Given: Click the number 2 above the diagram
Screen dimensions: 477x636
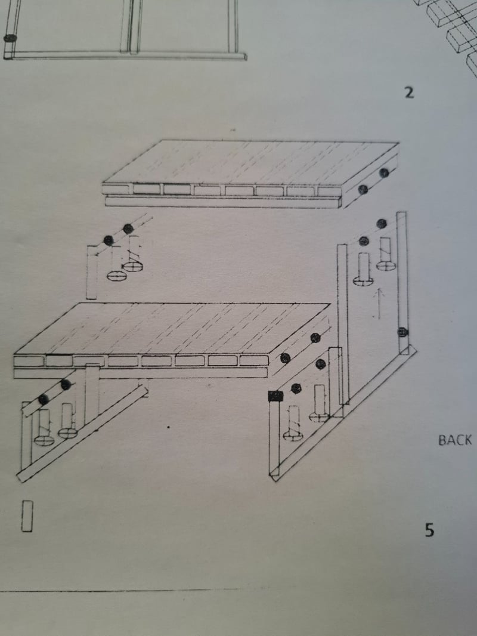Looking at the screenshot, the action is click(409, 93).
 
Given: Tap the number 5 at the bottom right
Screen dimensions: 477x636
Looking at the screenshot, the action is click(429, 530).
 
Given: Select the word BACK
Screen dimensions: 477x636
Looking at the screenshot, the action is click(455, 440).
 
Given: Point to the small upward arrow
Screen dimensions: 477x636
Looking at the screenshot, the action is click(379, 304).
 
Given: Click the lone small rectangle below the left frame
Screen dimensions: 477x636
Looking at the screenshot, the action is click(27, 516).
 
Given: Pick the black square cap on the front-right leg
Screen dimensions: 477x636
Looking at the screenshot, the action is click(275, 396).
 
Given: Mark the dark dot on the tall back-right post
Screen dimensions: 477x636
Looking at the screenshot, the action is click(402, 332).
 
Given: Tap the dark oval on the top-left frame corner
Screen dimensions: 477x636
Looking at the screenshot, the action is click(10, 38).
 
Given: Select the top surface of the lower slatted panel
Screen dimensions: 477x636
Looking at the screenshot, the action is click(172, 329).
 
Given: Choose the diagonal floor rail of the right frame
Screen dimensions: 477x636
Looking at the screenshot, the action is click(343, 413).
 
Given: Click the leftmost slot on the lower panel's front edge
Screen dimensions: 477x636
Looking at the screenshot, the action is click(29, 360).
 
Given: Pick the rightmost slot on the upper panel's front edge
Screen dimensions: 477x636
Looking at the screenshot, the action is click(329, 192).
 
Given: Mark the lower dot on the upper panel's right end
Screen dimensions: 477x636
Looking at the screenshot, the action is click(363, 189).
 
